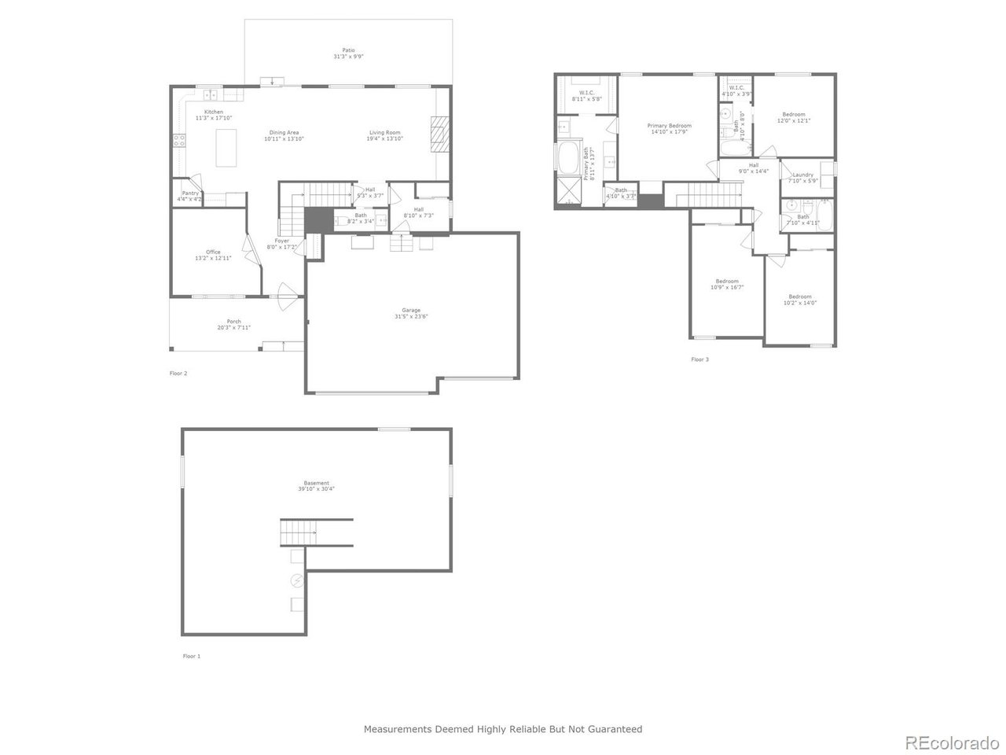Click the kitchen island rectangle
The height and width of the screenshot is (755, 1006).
point(226,148)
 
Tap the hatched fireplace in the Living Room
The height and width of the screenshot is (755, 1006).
point(439,134)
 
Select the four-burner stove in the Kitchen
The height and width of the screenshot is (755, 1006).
point(179,142)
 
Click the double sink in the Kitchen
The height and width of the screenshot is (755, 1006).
point(211,95)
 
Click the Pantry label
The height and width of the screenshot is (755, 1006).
point(189,193)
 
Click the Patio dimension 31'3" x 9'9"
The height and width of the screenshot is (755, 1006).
point(348,57)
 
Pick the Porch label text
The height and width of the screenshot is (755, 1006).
point(234,321)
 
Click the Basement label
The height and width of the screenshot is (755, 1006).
point(317,483)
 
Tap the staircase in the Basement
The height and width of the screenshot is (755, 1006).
point(299,532)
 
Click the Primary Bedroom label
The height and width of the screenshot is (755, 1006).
point(669,126)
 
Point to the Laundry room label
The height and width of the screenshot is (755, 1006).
point(802,175)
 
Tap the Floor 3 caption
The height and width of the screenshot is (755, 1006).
point(699,359)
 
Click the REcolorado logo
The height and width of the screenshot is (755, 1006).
point(952,742)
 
